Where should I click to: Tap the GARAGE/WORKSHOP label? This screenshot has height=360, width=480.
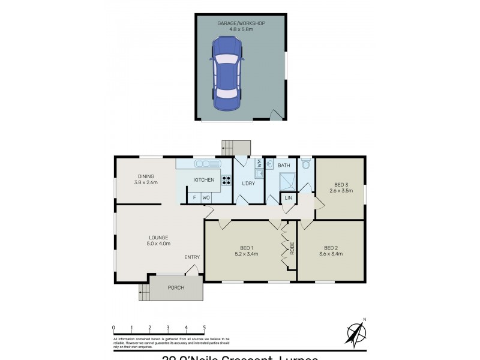(x=242, y=23)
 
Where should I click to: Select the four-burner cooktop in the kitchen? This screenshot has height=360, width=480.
(x=227, y=179)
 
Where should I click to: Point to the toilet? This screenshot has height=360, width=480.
(x=306, y=164)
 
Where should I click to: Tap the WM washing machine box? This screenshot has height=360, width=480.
(x=259, y=163)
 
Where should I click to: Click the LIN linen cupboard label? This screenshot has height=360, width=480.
(x=289, y=197)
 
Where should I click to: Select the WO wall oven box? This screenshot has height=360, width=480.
(x=206, y=197)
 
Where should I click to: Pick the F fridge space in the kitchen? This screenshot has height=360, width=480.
(x=194, y=197)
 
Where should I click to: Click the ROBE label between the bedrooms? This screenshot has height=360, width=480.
(x=292, y=248)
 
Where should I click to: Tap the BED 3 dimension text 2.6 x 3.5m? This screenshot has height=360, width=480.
(x=341, y=191)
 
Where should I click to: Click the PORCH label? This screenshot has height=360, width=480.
(x=176, y=287)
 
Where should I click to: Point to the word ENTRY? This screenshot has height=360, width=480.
(x=192, y=257)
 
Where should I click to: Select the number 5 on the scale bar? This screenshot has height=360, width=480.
(x=205, y=327)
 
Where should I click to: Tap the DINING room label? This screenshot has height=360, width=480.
(x=145, y=176)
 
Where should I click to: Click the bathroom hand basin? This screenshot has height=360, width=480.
(x=270, y=164)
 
